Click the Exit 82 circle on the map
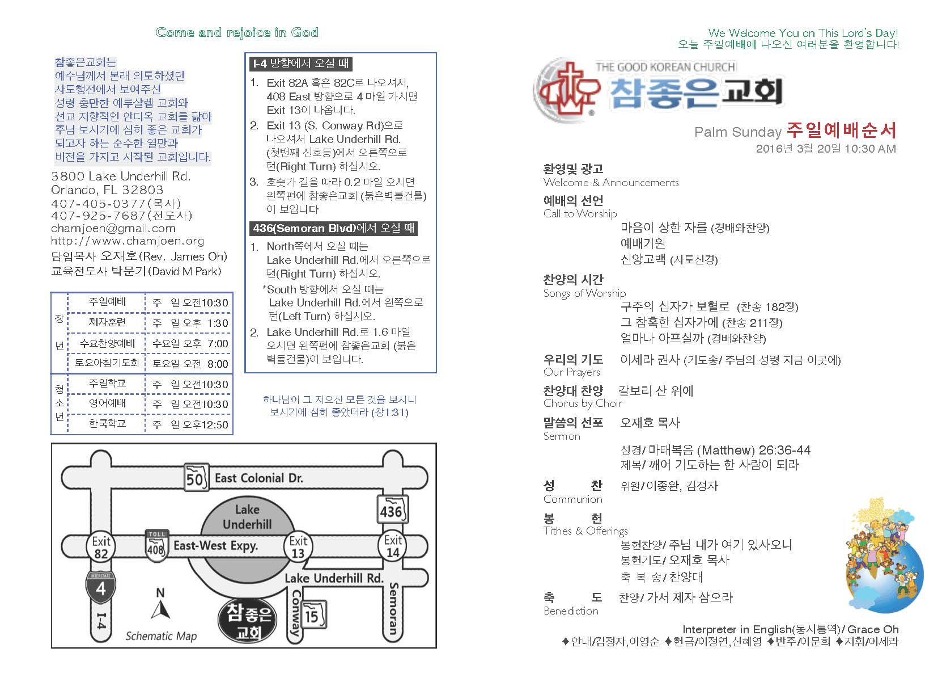pos(101,547)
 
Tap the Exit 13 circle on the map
pos(298,547)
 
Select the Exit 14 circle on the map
pos(393,546)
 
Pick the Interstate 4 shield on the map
pos(100,587)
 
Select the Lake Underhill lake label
pos(247,516)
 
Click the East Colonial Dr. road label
pos(258,478)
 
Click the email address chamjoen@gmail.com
pos(113,228)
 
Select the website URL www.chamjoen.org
pos(127,241)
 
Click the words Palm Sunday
pos(737,132)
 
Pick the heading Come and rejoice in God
pos(237,32)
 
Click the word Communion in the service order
pos(572,499)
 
